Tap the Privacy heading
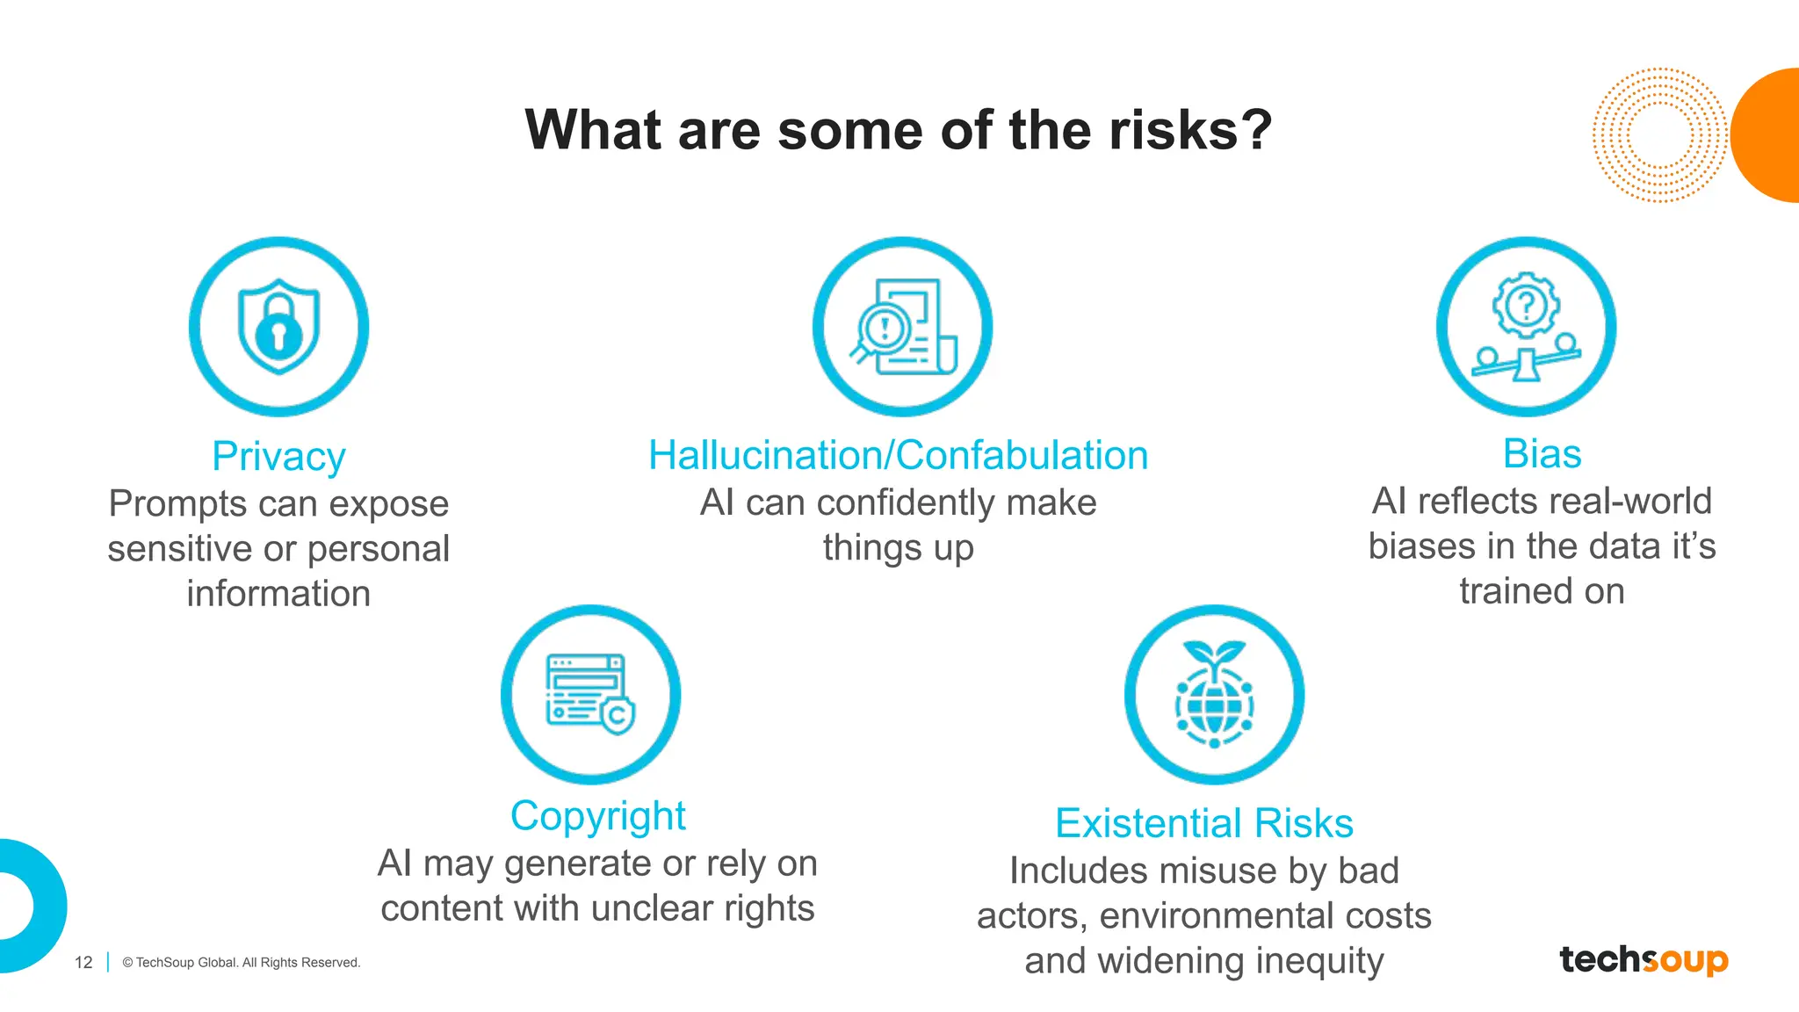278,457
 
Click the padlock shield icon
278,327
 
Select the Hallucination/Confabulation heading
898,456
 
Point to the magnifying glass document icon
903,327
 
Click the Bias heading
1542,454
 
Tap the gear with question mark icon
1527,326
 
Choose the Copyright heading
597,816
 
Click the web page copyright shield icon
590,694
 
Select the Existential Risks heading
1203,824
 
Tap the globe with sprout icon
1214,694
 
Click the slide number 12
83,963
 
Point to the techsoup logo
1644,959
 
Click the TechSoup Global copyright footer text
242,963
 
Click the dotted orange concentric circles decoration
1658,135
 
